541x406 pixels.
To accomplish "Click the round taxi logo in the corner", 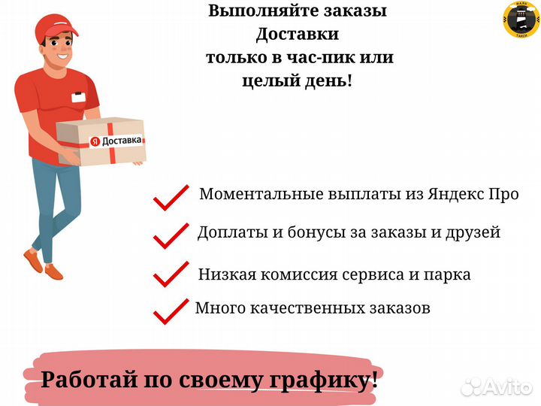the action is click(x=521, y=20).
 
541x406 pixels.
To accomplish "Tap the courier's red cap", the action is click(x=55, y=28).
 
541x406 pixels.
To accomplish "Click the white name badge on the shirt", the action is click(x=79, y=97).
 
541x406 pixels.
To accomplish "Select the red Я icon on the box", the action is click(x=95, y=141).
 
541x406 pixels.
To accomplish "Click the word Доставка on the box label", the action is click(x=122, y=141).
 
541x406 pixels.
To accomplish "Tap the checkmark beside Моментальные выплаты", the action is click(x=171, y=198).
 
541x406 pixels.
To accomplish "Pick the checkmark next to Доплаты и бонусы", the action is click(x=171, y=236).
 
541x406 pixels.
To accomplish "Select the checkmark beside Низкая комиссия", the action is click(x=171, y=274).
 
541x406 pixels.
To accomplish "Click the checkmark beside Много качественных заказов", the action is click(x=171, y=312).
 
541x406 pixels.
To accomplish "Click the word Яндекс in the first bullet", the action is click(x=455, y=195).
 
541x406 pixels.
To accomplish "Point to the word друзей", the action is click(x=473, y=232).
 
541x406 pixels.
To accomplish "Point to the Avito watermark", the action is click(x=497, y=387).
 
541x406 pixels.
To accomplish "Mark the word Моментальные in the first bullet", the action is click(x=261, y=194).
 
